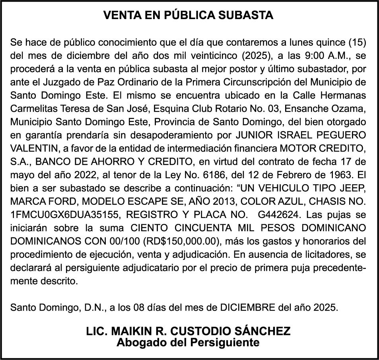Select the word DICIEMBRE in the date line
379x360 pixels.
click(242, 307)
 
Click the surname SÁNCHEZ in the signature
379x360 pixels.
click(260, 331)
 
